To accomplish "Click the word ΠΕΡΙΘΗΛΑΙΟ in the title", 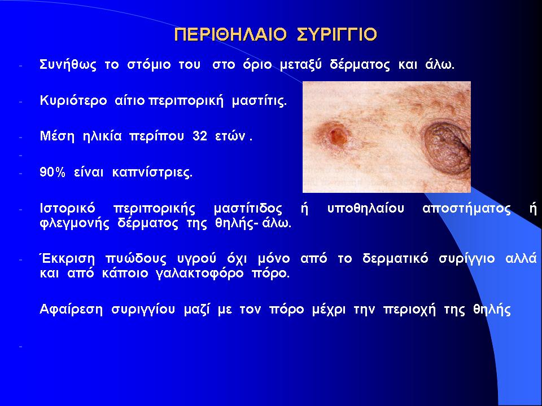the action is tap(230, 34).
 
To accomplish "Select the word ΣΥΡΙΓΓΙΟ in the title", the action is tap(337, 34).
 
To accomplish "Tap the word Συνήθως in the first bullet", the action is tap(68, 65).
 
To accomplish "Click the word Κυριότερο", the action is tap(73, 101).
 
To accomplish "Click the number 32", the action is tap(200, 136).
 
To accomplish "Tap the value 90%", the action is tap(52, 172).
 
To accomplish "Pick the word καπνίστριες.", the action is tap(152, 173).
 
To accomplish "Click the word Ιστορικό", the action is tap(67, 209).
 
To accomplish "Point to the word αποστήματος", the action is tap(467, 209).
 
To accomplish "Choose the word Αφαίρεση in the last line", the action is tap(71, 310).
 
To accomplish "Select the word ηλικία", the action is tap(102, 136).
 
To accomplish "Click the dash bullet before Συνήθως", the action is tap(21, 65).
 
